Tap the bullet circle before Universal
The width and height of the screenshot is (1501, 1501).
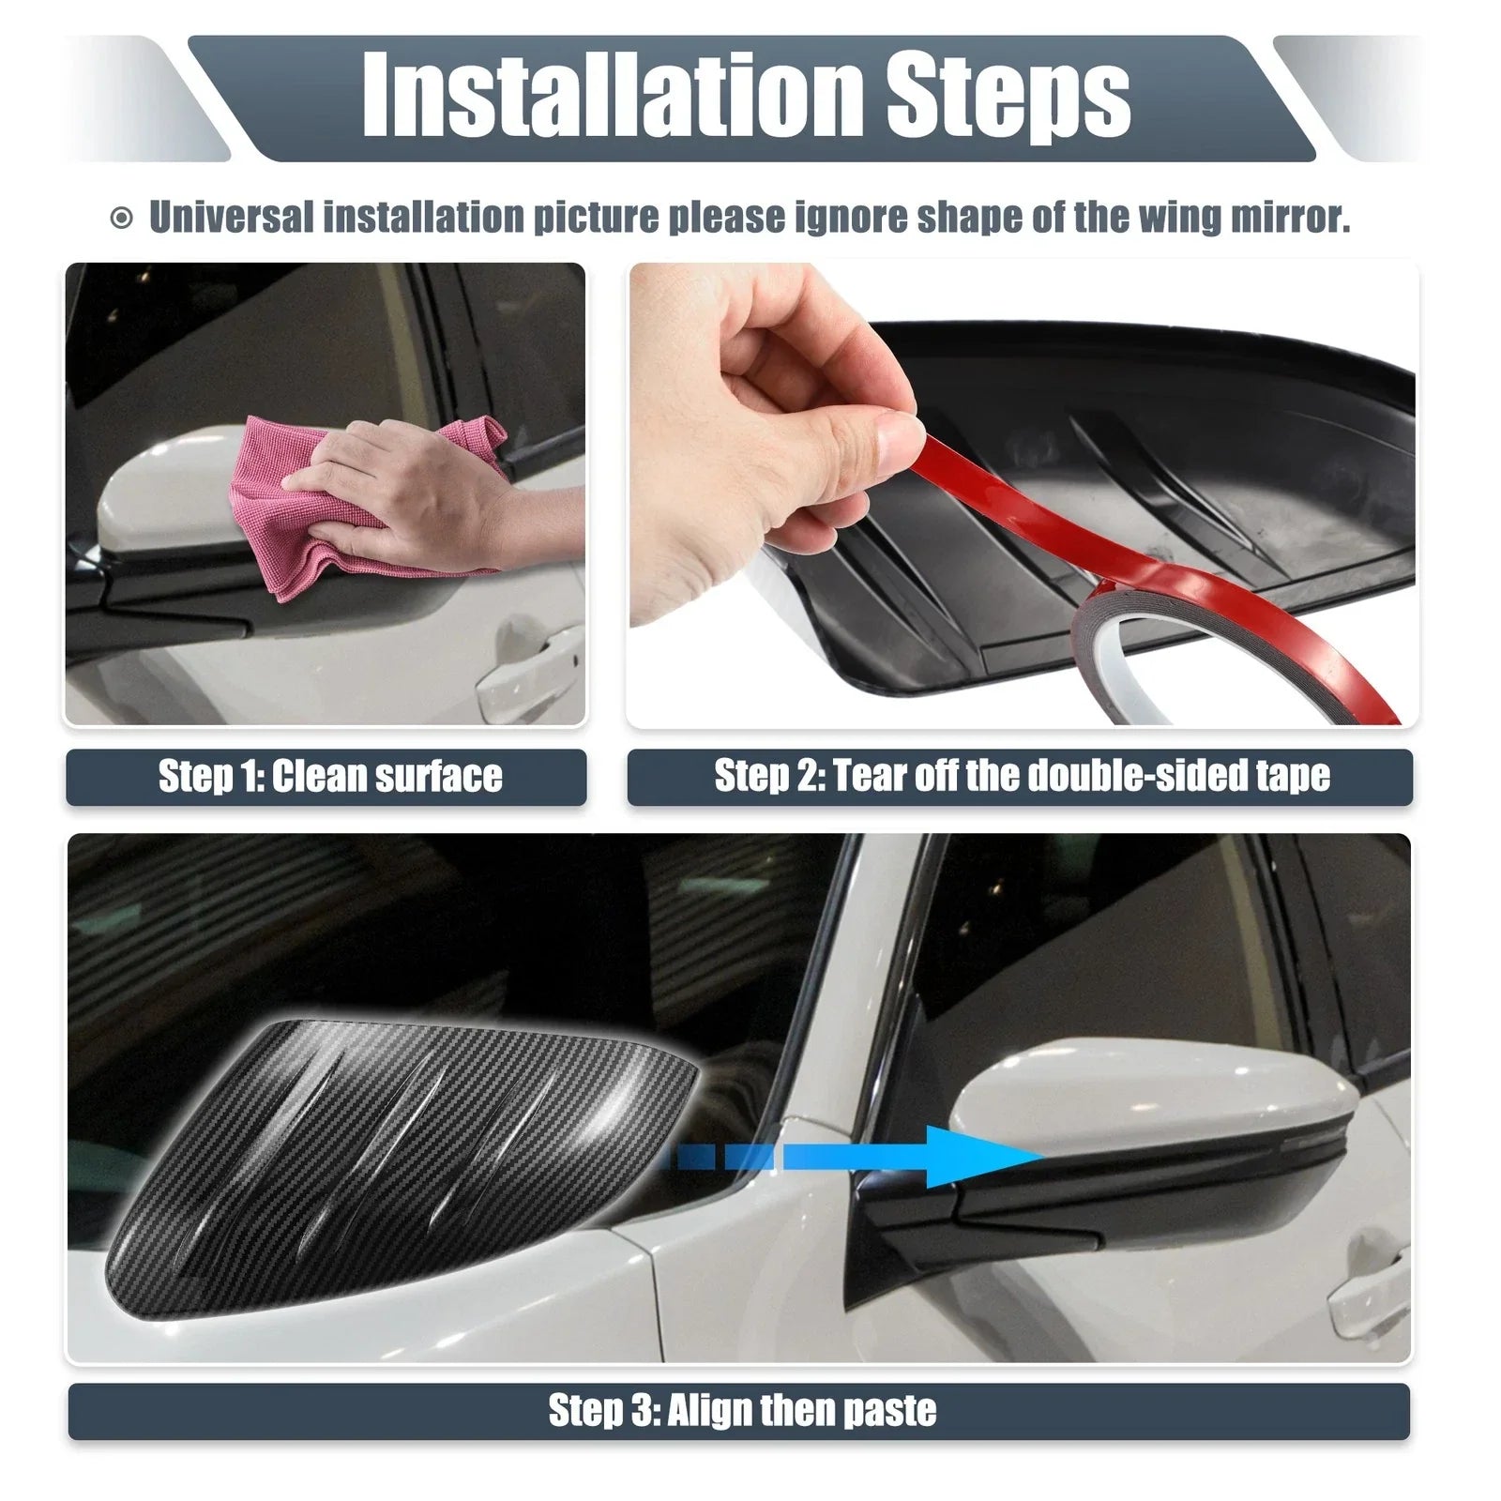[x=121, y=219]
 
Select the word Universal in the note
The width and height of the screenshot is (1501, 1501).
[x=231, y=217]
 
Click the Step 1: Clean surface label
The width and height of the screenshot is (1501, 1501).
[x=330, y=777]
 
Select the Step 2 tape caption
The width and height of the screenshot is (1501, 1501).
[x=1022, y=777]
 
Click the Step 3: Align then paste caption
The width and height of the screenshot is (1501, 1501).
[x=742, y=1410]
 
